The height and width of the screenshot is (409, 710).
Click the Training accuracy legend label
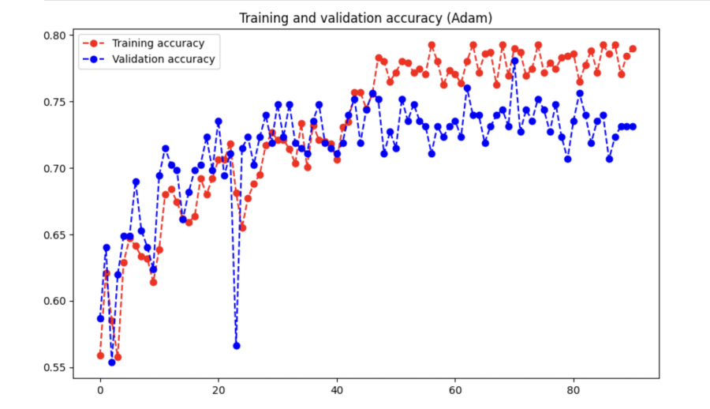(158, 43)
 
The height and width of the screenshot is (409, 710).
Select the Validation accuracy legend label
(163, 59)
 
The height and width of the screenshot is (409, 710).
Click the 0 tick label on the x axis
(100, 390)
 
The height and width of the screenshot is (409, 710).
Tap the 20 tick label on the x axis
(219, 390)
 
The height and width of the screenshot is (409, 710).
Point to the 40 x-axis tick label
(337, 390)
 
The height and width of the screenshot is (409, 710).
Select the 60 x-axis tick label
(455, 390)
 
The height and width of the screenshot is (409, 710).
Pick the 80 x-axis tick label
(574, 390)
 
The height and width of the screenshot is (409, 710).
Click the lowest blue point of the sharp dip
(236, 345)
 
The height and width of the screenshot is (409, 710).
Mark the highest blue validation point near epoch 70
(514, 61)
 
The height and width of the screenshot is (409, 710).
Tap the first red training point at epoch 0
(100, 355)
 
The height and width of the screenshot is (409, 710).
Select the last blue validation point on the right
(633, 126)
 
